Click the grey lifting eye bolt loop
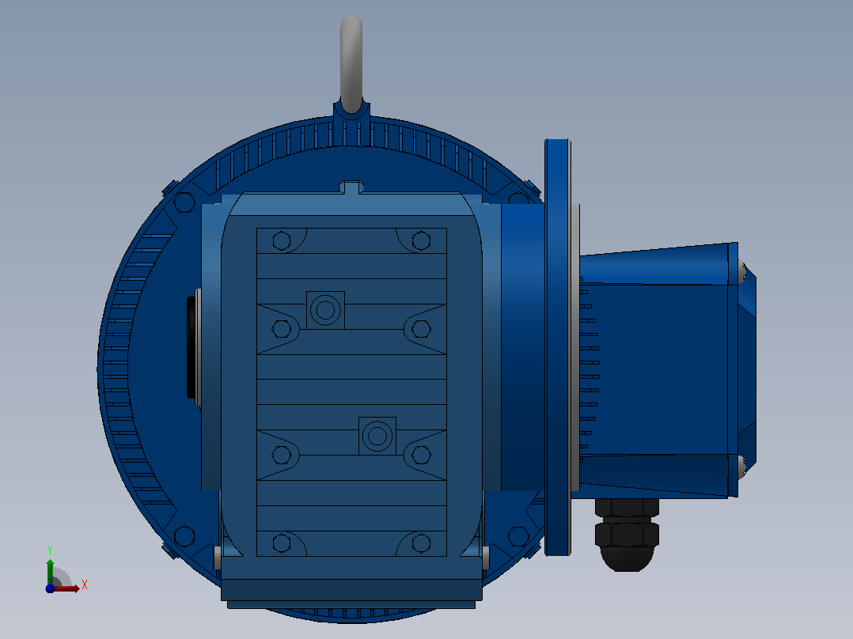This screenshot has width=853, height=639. [x=351, y=60]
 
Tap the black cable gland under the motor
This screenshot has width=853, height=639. [x=627, y=535]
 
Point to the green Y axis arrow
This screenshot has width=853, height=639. [x=50, y=571]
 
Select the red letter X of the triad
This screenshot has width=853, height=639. [x=85, y=584]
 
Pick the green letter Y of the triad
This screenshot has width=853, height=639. [x=50, y=550]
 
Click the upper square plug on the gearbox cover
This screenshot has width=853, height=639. [x=325, y=310]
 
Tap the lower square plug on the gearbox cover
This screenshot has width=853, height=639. [x=377, y=436]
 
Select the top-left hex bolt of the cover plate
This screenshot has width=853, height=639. [x=281, y=240]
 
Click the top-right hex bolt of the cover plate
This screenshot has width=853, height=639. [x=421, y=240]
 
